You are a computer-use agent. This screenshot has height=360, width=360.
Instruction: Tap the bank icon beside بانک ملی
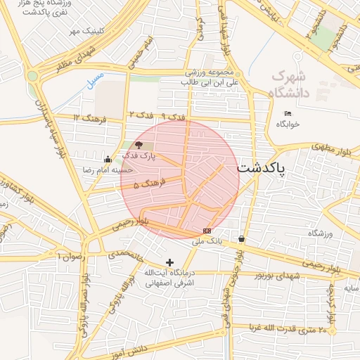(207, 230)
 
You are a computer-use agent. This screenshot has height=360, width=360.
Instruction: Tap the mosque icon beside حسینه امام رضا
(107, 159)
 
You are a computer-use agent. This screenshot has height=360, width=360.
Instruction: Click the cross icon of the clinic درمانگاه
(169, 262)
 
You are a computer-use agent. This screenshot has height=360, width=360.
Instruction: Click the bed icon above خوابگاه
(288, 113)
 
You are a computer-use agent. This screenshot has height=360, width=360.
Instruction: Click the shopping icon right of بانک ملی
(242, 238)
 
